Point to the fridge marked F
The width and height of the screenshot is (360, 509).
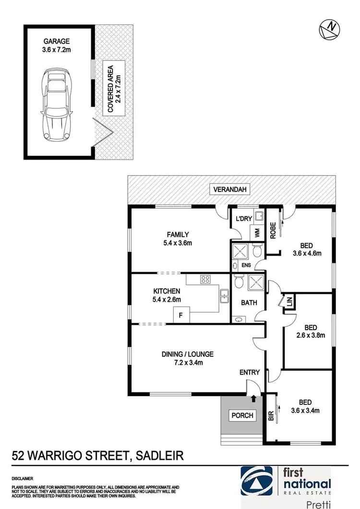point(181,316)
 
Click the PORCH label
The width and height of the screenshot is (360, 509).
point(242,415)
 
